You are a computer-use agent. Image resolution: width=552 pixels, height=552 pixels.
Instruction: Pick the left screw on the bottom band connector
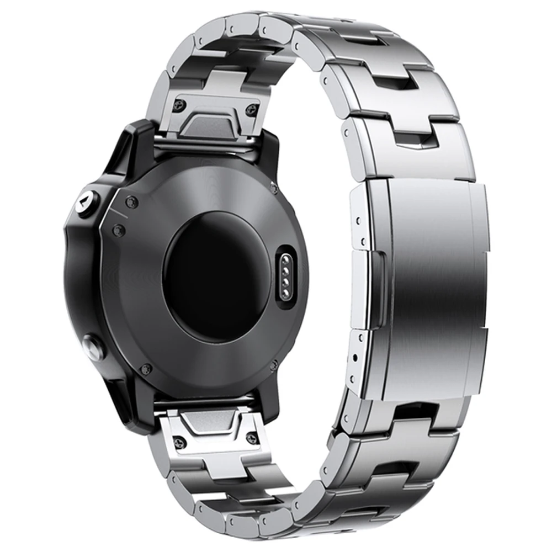click(x=180, y=442)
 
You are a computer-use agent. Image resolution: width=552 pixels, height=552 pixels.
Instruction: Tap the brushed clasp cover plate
click(x=436, y=287)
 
